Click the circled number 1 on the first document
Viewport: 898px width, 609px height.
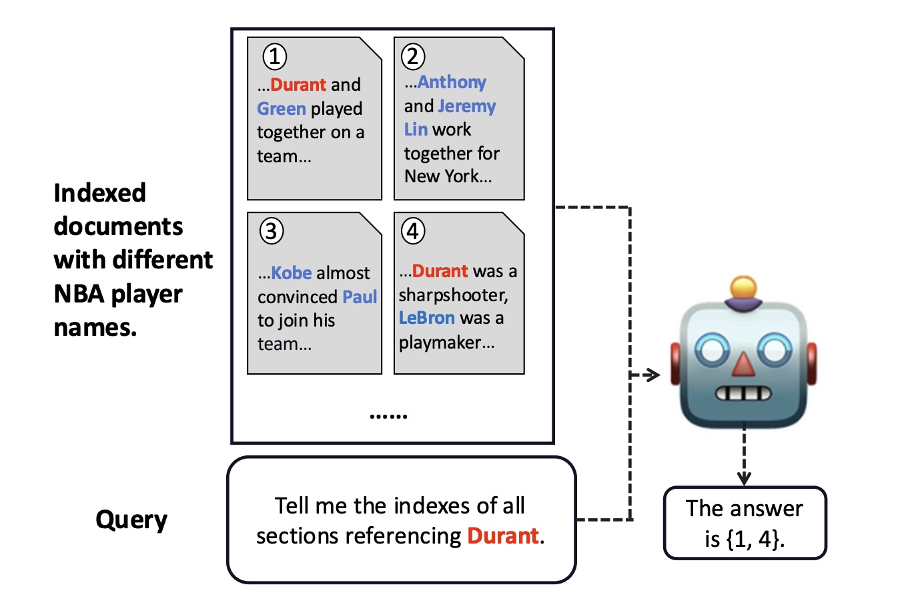coord(274,57)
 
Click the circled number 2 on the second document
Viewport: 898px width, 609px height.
coord(413,57)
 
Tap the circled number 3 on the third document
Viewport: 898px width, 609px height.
coord(272,231)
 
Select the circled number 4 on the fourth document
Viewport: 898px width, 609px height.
coord(413,231)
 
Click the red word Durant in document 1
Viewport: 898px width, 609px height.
coord(298,85)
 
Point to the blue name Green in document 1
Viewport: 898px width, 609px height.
coord(282,108)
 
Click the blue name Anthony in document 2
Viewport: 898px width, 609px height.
coord(452,82)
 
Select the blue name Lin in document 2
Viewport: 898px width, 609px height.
coord(416,129)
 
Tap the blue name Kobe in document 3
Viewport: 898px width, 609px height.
coord(292,273)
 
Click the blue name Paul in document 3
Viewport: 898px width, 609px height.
coord(360,296)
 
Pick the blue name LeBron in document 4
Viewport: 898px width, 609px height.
coord(427,318)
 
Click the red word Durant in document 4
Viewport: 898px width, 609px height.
coord(440,271)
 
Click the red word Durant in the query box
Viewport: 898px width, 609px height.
coord(503,536)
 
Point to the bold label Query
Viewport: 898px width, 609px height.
coord(131,520)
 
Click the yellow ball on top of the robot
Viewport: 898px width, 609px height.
coord(743,288)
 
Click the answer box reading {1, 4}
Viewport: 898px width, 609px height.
coord(745,523)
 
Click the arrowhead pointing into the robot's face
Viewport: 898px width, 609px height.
coord(654,375)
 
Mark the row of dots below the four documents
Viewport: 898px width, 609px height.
coord(388,416)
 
